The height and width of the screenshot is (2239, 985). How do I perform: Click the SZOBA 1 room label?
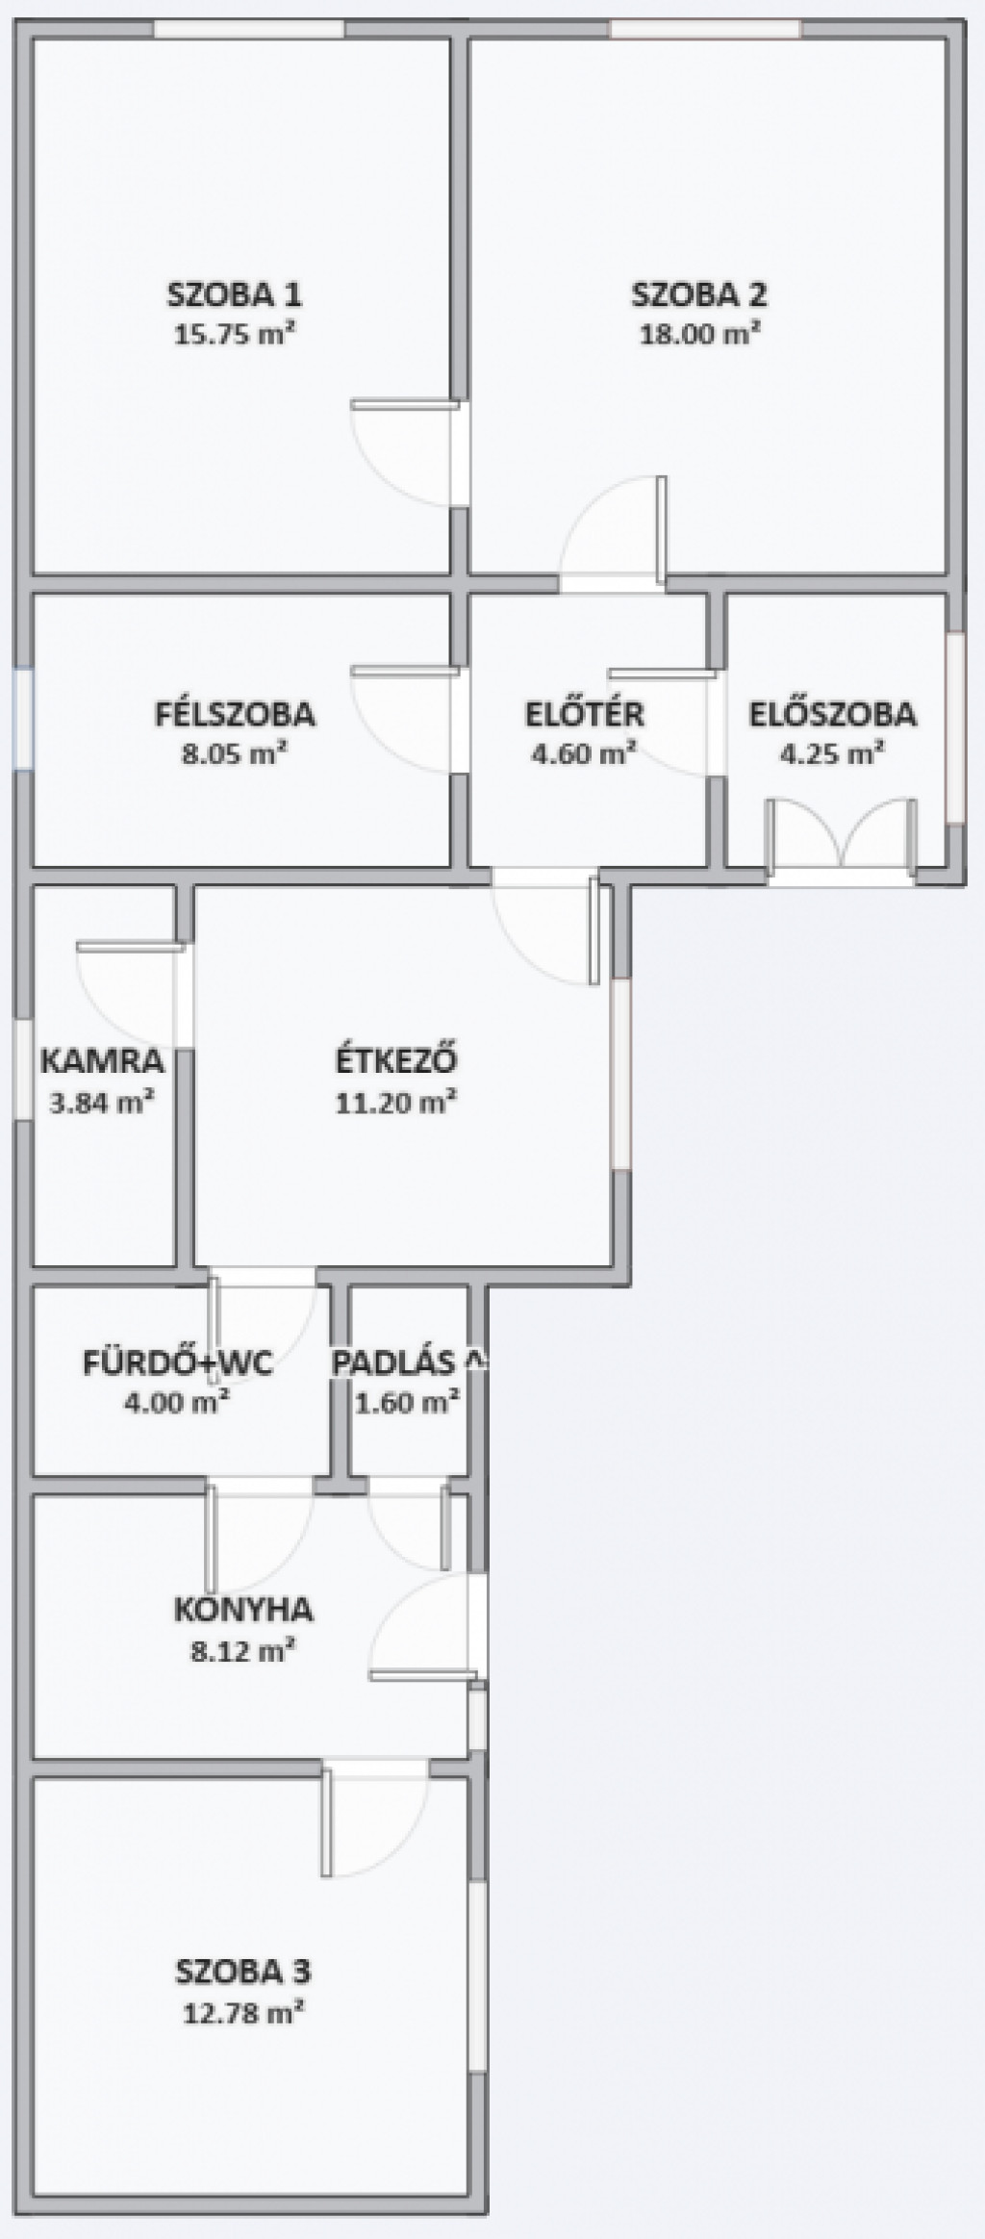tap(235, 293)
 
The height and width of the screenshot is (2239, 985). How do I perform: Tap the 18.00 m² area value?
tap(700, 335)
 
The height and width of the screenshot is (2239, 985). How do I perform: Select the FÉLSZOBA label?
tap(235, 714)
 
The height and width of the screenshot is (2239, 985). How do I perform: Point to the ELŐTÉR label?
tap(585, 714)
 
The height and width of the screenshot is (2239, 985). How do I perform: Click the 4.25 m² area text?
tap(832, 753)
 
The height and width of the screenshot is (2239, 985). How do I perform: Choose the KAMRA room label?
tap(103, 1061)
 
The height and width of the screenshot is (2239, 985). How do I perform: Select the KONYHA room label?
tap(243, 1610)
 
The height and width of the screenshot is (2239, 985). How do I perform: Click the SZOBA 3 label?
tap(243, 1972)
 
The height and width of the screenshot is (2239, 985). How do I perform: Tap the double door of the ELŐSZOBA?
tap(841, 835)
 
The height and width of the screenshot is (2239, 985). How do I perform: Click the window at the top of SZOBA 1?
tap(249, 29)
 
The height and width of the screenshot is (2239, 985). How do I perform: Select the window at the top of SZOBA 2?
tap(705, 29)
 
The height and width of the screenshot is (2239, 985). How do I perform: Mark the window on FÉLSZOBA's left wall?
tap(24, 719)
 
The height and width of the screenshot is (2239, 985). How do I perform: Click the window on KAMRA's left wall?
tap(24, 1069)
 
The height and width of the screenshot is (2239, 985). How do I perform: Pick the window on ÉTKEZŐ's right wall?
tap(621, 1074)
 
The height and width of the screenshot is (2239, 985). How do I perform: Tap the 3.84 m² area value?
tap(103, 1103)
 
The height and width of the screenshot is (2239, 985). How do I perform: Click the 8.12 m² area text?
tap(242, 1652)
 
